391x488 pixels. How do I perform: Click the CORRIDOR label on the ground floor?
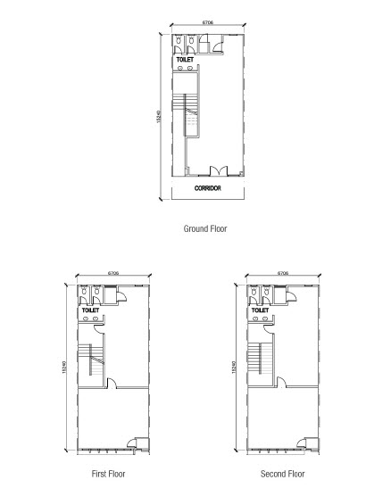[x=208, y=188]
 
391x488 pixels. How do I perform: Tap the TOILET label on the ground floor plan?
[x=185, y=60]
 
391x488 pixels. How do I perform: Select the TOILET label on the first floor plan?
[x=90, y=310]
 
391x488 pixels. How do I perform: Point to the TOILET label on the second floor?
[x=260, y=310]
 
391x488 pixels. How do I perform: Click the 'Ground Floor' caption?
[x=205, y=228]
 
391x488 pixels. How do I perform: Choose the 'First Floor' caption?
[x=108, y=474]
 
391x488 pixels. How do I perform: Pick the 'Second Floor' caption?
[x=283, y=474]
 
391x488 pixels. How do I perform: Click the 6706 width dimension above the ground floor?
[x=208, y=22]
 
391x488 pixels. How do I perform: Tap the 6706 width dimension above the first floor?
[x=113, y=273]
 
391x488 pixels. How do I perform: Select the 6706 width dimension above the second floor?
[x=283, y=273]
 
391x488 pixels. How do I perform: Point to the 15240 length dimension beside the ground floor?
[x=159, y=116]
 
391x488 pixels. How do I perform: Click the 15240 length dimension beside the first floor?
[x=64, y=368]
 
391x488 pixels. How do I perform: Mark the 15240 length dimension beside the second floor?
[x=234, y=368]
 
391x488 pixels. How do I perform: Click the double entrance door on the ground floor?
[x=219, y=171]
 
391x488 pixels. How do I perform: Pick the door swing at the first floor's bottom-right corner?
[x=132, y=443]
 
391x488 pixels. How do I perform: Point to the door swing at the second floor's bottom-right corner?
[x=302, y=443]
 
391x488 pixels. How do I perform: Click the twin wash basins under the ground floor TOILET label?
[x=185, y=68]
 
